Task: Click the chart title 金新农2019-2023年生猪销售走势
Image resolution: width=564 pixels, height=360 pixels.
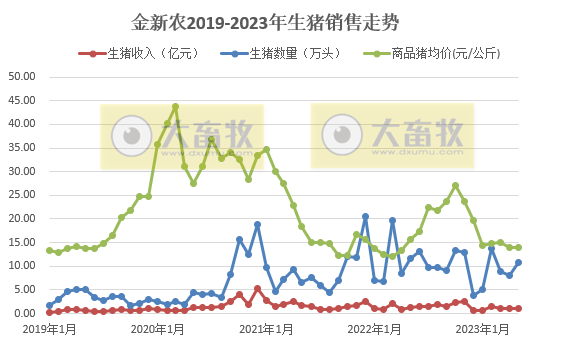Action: tap(281, 21)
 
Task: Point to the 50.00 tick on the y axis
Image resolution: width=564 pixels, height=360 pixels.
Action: tap(21, 77)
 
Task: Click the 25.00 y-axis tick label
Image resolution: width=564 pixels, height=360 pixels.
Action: tap(21, 195)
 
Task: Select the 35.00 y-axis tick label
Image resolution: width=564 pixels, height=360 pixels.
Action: tap(21, 148)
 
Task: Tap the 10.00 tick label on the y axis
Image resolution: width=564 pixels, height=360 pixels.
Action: tap(21, 266)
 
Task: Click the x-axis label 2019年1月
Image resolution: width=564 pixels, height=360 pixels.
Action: tap(50, 328)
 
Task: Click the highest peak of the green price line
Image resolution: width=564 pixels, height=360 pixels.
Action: tap(175, 106)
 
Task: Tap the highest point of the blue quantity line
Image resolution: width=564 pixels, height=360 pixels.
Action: tap(365, 216)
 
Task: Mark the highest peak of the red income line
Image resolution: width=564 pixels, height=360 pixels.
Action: tap(257, 289)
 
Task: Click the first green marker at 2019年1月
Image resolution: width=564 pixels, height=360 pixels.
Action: tap(50, 250)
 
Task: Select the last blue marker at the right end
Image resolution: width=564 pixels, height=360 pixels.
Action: tap(518, 262)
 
